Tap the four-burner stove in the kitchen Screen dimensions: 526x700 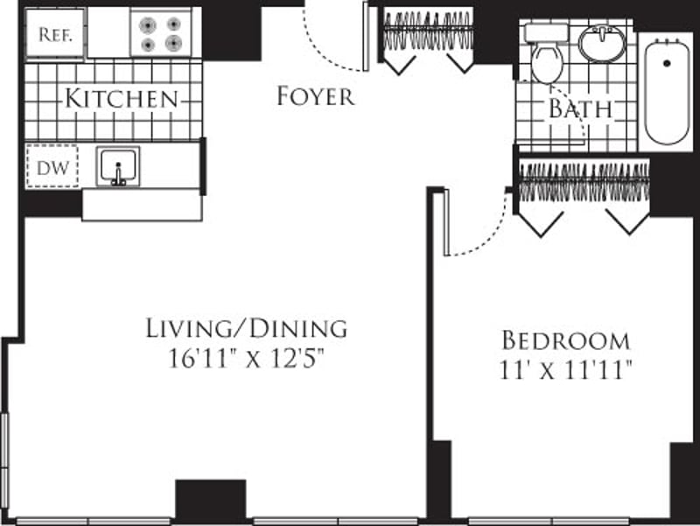click(160, 33)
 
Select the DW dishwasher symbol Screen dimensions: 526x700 click(52, 165)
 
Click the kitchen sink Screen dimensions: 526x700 click(119, 166)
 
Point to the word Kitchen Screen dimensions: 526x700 click(121, 99)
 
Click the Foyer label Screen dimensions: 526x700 click(316, 96)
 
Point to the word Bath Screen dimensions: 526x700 click(579, 109)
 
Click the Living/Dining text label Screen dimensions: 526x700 click(246, 329)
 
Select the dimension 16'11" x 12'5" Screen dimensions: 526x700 click(246, 359)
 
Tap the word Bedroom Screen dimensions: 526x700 click(564, 340)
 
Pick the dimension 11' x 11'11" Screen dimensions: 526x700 click(564, 369)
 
